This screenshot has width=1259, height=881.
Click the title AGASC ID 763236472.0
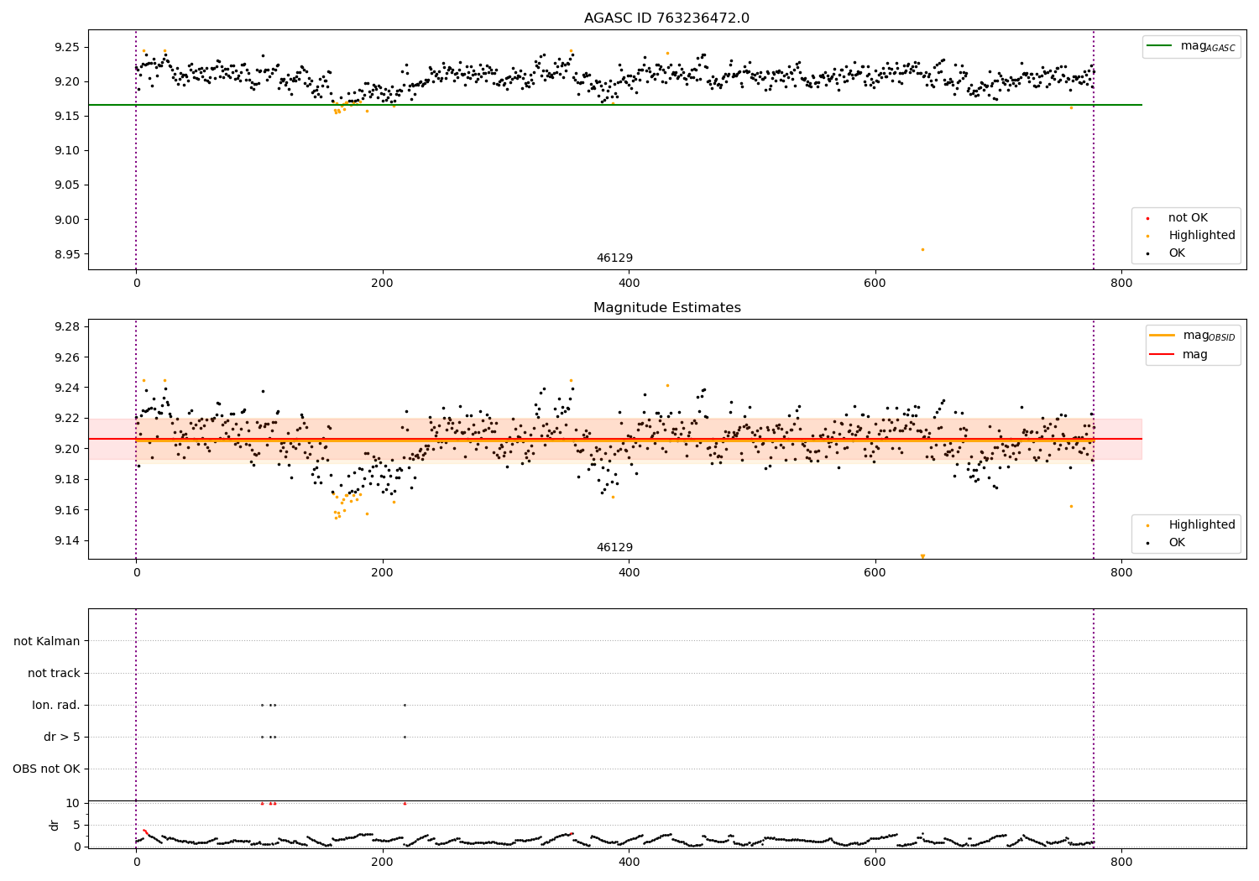(666, 18)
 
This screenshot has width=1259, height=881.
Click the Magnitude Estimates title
(666, 308)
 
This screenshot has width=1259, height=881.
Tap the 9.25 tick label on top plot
(66, 47)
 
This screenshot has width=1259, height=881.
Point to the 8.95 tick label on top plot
(66, 254)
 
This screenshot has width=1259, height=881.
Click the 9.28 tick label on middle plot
(66, 326)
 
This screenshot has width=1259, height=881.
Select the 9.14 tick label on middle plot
(66, 540)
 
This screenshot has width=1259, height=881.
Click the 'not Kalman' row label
(47, 641)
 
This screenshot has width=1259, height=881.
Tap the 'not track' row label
(54, 673)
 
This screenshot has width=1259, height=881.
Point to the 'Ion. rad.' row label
(56, 705)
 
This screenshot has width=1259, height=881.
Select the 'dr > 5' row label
(62, 737)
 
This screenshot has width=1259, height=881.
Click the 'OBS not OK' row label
(46, 769)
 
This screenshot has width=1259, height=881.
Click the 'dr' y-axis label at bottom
(55, 825)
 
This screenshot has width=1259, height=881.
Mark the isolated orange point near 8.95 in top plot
(922, 249)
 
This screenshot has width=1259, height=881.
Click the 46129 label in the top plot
(614, 258)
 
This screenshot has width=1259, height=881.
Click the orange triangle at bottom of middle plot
(922, 556)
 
